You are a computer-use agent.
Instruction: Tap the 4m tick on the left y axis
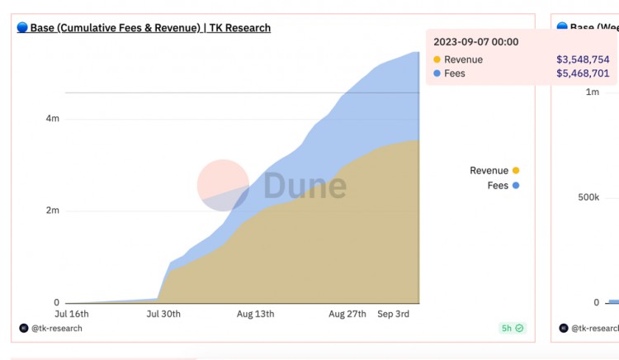point(52,119)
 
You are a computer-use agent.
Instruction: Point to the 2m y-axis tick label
point(52,211)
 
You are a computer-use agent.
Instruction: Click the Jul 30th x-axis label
point(163,315)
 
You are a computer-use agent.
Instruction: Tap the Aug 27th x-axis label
point(347,315)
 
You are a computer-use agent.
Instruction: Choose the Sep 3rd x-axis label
point(394,315)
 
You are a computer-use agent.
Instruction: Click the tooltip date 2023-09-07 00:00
point(476,42)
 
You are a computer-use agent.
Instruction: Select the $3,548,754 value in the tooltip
point(583,59)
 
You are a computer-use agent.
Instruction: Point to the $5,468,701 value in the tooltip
point(583,73)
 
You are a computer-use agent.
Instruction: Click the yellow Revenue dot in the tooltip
point(437,59)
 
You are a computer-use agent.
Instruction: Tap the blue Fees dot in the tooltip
point(437,73)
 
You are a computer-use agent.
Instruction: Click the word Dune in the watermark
point(305,187)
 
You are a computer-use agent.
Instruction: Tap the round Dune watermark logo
point(223,185)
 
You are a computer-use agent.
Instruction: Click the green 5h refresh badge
point(512,328)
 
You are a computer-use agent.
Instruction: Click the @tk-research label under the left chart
point(56,329)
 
